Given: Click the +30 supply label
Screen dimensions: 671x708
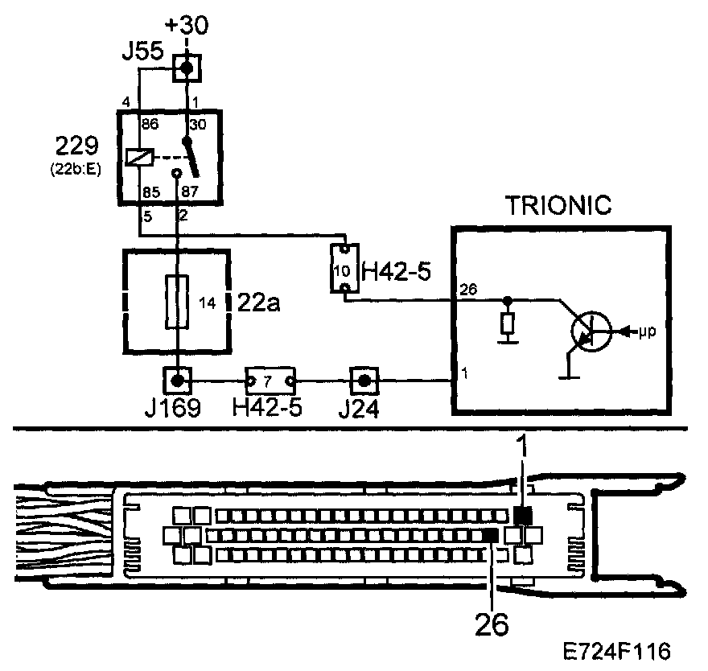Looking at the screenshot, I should [186, 26].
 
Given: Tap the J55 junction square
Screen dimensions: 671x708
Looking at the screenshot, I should [186, 68].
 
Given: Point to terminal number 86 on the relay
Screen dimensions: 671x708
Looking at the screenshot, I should [148, 126].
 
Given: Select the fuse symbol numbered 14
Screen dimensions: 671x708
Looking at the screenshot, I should [177, 302].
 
